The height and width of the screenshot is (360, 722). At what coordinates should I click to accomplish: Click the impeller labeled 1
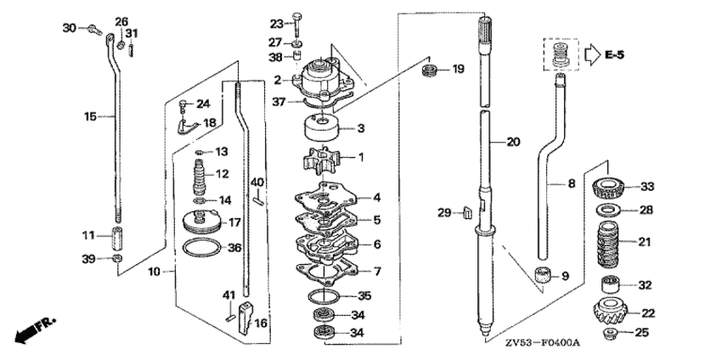tap(321, 160)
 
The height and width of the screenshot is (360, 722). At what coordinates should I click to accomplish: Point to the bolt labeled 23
tap(297, 24)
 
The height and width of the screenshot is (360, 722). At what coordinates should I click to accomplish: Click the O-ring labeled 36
tap(202, 248)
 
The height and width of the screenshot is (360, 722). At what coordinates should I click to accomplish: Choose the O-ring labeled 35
tap(324, 296)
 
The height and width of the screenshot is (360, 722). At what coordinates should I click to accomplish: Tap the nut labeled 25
tap(610, 332)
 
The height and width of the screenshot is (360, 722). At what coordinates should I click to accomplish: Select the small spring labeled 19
tap(430, 70)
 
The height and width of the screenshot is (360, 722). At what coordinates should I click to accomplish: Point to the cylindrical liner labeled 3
tap(322, 127)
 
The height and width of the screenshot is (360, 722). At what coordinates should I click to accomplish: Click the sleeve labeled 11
tap(117, 236)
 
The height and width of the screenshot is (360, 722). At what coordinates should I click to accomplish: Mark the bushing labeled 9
tap(543, 275)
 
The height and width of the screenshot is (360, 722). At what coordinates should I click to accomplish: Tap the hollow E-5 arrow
tap(593, 54)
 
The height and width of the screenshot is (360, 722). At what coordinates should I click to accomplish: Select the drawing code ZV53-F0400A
tap(542, 343)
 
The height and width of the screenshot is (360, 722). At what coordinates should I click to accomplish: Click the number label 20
tap(513, 142)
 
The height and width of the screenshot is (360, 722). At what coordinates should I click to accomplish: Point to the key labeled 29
tap(467, 212)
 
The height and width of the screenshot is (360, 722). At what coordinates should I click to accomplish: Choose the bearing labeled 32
tap(610, 285)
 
